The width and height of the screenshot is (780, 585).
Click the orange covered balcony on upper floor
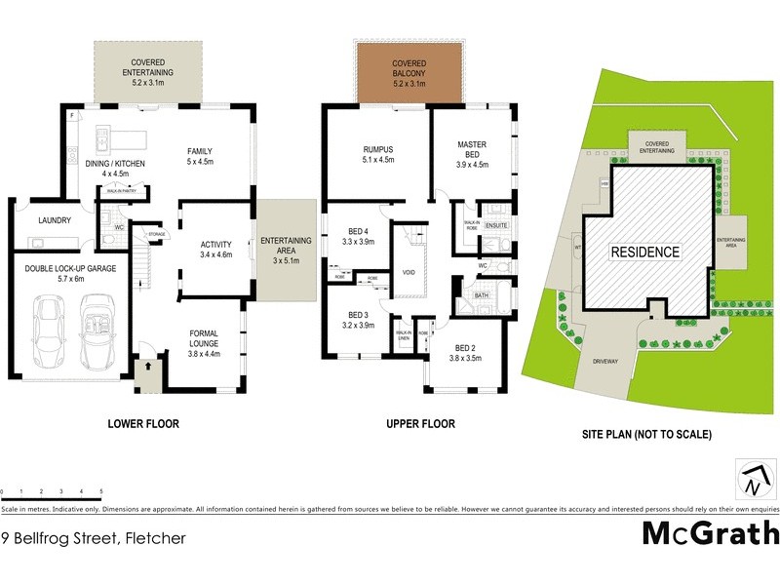click(x=408, y=73)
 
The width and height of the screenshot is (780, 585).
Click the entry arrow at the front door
click(x=149, y=368)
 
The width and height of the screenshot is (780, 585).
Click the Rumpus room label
click(x=377, y=153)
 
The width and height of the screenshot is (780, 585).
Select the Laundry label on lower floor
click(x=55, y=220)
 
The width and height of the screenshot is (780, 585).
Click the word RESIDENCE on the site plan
click(x=644, y=252)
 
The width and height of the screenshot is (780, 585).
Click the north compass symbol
click(x=752, y=480)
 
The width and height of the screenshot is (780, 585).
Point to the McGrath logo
click(x=710, y=533)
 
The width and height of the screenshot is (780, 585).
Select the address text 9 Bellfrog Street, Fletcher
click(x=94, y=537)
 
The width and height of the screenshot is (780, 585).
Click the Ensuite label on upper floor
click(x=496, y=226)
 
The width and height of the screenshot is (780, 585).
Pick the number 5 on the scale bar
click(x=101, y=491)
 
